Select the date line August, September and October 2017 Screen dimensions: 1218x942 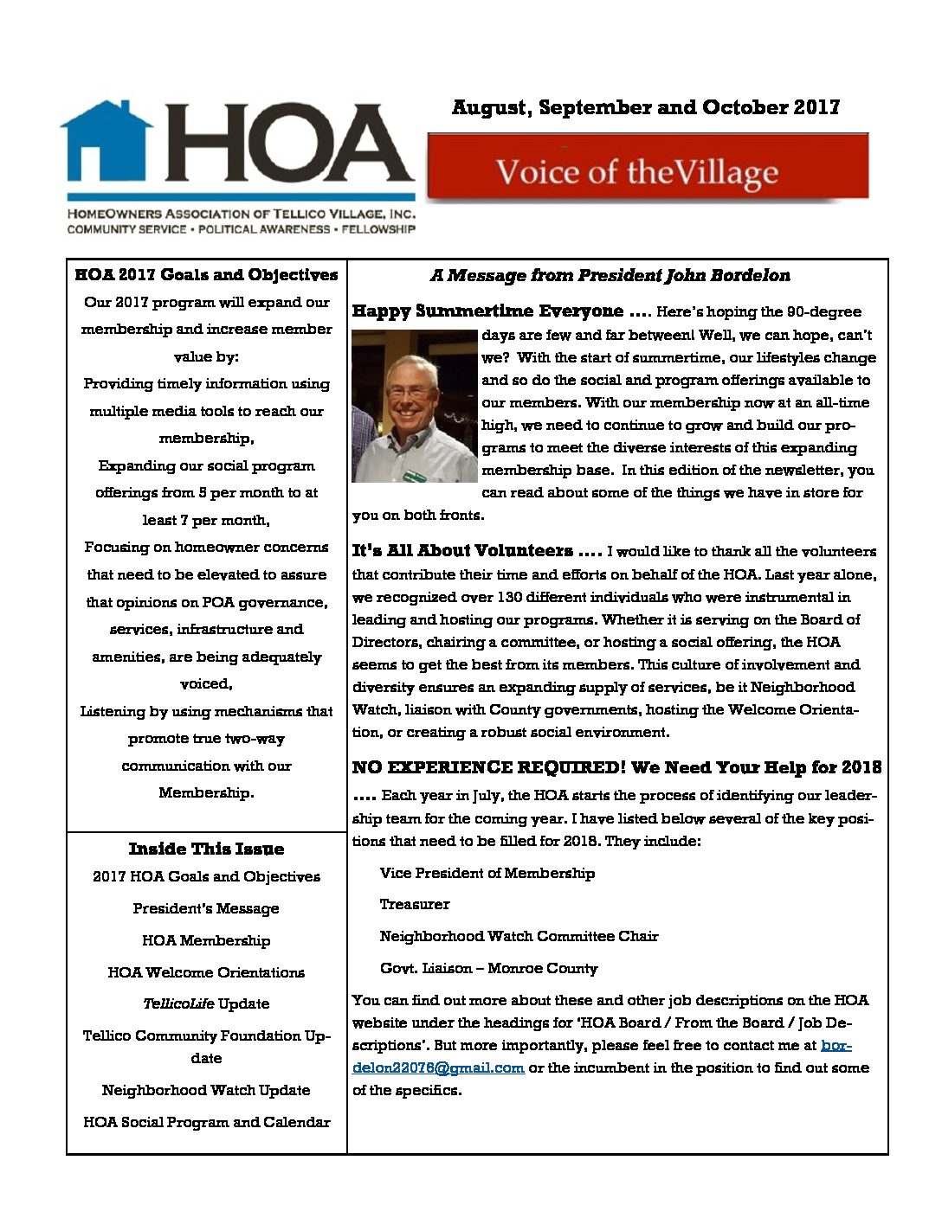click(x=645, y=107)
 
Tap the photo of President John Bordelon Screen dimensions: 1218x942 click(x=414, y=406)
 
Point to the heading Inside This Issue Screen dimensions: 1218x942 click(x=206, y=849)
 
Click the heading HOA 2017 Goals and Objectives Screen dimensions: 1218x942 click(x=206, y=275)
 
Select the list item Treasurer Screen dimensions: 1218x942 click(x=415, y=904)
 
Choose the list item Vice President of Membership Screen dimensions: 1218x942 click(x=487, y=873)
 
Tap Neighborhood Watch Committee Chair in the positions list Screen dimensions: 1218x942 click(x=519, y=936)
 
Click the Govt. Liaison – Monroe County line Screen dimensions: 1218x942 click(x=488, y=968)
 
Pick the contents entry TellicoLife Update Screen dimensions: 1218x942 click(x=206, y=1003)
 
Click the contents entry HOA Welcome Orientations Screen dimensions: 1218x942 click(x=206, y=972)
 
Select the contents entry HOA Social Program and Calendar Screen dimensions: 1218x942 click(x=206, y=1122)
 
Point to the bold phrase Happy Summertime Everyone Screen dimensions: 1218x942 click(x=487, y=311)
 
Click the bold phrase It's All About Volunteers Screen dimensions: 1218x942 click(x=462, y=551)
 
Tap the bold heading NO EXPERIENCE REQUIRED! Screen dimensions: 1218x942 click(x=488, y=767)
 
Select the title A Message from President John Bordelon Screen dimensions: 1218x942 click(x=610, y=276)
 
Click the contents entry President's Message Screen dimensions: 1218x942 click(x=206, y=908)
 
